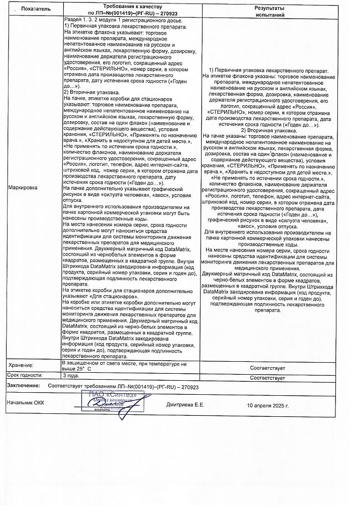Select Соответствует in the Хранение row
pyautogui.click(x=268, y=368)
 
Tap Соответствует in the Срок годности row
pyautogui.click(x=268, y=377)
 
